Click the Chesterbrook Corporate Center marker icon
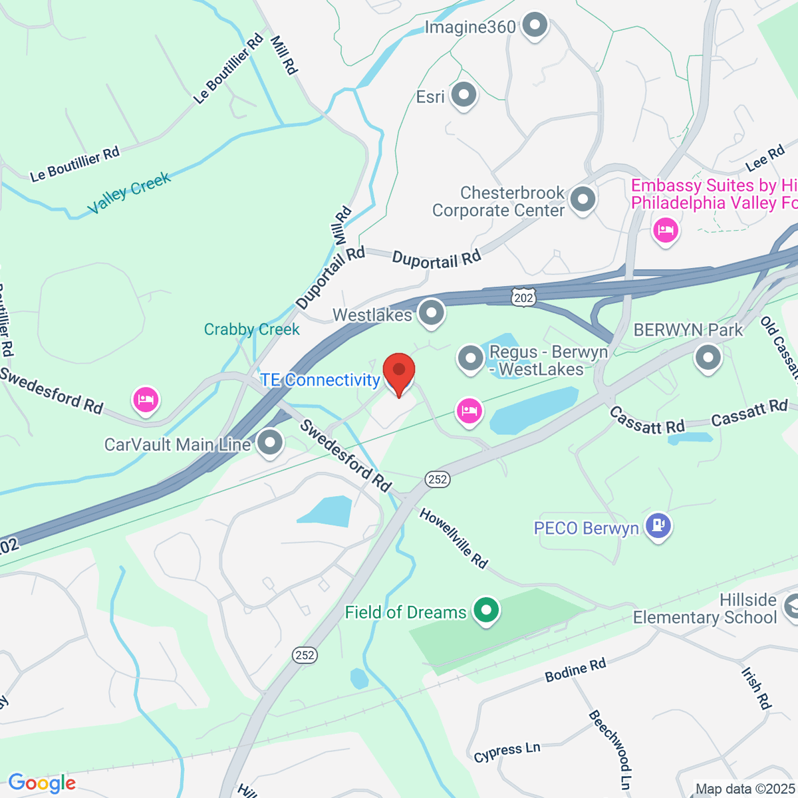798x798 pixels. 583,199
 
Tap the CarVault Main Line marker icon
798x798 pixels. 270,443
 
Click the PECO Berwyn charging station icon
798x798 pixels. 658,526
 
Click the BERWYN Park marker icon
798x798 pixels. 708,357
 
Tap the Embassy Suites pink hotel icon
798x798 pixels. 665,231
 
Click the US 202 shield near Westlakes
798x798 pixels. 523,297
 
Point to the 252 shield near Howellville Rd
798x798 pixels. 438,479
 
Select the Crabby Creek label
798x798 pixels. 251,329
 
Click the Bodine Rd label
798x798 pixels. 575,670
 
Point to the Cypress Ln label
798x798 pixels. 507,752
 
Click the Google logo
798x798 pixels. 42,783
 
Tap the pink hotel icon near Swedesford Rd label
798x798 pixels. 146,400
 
